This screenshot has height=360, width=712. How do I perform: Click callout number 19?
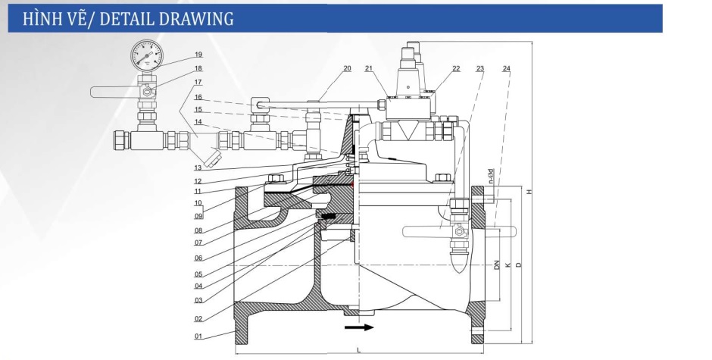tap(198, 55)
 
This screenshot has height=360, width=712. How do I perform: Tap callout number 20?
tap(347, 68)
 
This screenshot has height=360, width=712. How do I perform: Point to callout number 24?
tap(506, 68)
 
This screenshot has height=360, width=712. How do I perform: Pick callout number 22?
tap(456, 68)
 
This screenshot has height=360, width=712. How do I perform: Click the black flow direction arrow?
tap(358, 327)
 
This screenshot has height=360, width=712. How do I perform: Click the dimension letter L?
tap(358, 349)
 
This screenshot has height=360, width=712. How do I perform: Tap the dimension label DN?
tap(497, 265)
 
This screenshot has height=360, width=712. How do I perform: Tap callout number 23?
tap(480, 68)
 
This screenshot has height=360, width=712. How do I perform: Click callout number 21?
tap(369, 68)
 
